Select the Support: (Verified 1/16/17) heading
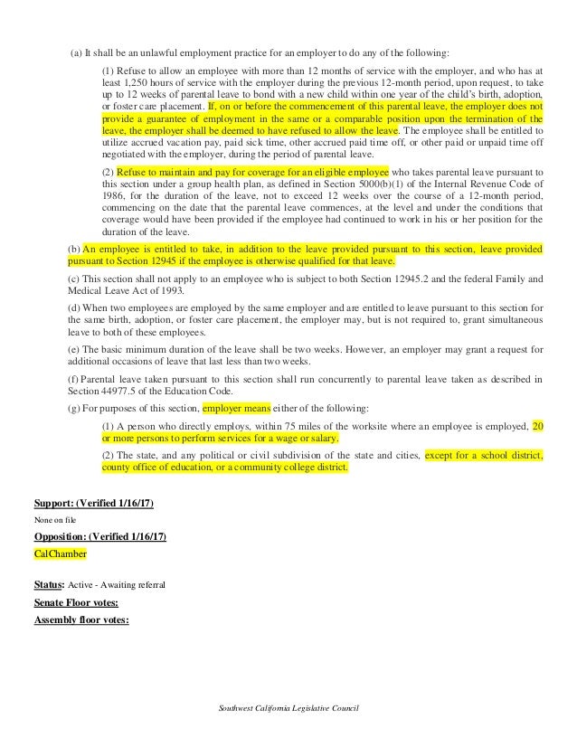[x=93, y=502]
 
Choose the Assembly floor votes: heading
[x=81, y=619]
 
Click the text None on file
[x=52, y=519]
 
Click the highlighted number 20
[x=539, y=424]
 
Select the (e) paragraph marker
[x=74, y=348]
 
